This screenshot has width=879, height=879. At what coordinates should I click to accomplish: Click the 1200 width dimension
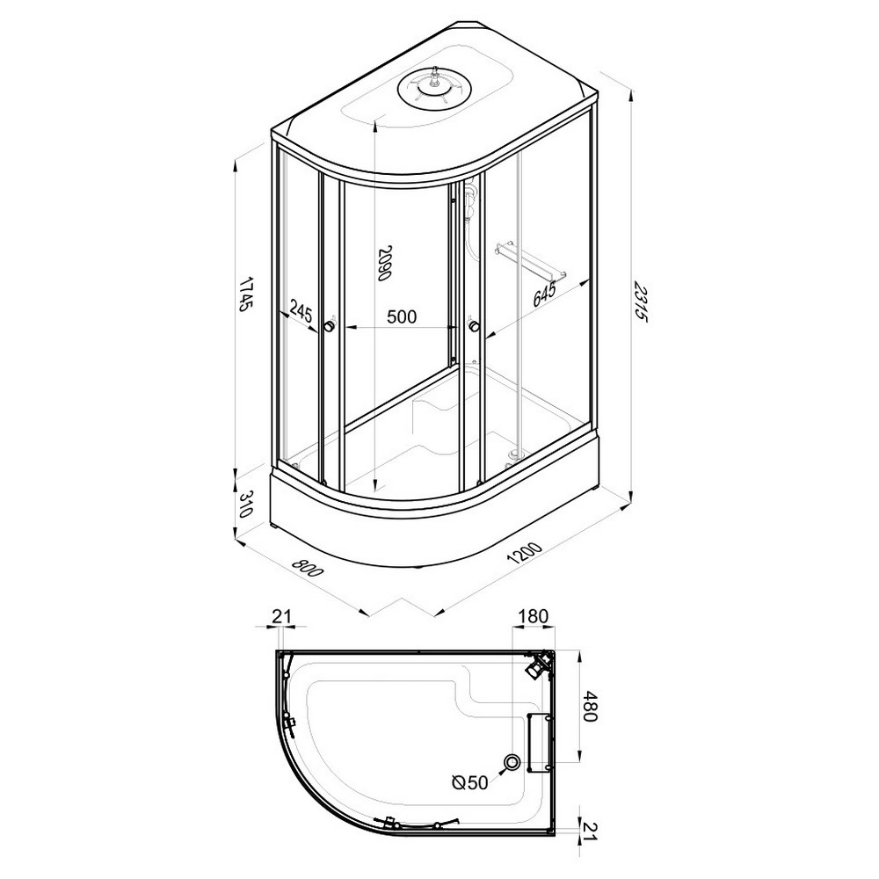(525, 552)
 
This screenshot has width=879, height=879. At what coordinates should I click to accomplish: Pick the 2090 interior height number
(383, 263)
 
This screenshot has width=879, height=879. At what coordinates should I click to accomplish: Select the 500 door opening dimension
(402, 316)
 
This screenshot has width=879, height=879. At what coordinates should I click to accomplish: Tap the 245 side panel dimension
(301, 310)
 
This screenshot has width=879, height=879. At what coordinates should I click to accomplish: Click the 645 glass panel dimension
(544, 294)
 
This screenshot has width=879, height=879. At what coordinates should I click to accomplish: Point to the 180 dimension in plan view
(534, 617)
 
